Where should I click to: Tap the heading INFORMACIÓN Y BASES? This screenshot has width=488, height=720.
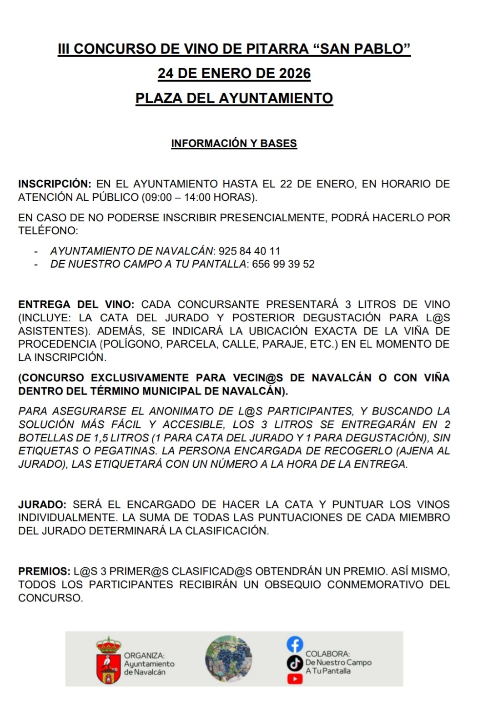(x=234, y=143)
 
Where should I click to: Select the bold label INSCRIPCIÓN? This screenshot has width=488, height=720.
(x=55, y=184)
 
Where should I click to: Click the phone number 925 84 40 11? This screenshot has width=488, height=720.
(x=249, y=251)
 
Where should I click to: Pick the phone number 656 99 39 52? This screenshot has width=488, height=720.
(x=283, y=264)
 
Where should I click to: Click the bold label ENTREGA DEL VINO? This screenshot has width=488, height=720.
(x=76, y=305)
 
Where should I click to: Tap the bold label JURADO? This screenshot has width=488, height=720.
(x=42, y=505)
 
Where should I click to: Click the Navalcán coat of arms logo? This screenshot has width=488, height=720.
(x=108, y=660)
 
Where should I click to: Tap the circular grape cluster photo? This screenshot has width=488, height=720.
(x=228, y=659)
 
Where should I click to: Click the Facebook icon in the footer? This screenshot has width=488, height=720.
(x=295, y=644)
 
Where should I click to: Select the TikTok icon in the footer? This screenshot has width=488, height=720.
(x=295, y=663)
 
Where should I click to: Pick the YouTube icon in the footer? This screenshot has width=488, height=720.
(x=295, y=679)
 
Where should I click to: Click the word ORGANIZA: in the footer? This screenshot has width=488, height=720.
(x=144, y=655)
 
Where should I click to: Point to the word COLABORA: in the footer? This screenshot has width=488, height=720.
(x=327, y=654)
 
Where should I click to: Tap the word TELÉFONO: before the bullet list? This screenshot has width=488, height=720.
(x=48, y=231)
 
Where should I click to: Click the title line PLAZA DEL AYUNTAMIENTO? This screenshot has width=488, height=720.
(x=234, y=98)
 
